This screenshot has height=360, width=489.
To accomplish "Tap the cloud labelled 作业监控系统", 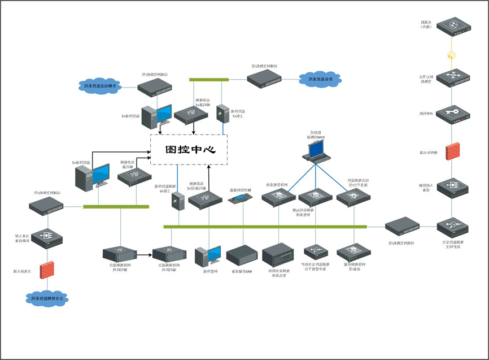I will (320, 80).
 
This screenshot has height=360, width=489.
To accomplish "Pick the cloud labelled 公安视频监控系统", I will (47, 298).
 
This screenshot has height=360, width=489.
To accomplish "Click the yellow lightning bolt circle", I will (451, 55).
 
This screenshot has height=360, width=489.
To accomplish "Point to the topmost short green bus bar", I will (209, 80).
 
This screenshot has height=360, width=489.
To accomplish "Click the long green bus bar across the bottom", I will (265, 227).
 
